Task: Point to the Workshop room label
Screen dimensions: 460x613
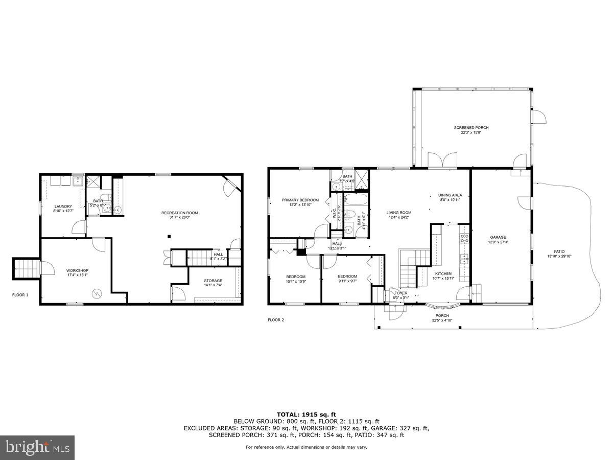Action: (x=77, y=272)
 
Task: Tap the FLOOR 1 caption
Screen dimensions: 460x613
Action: (x=20, y=295)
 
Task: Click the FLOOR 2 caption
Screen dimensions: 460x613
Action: (x=276, y=320)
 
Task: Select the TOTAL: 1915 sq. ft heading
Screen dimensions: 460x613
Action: (x=306, y=414)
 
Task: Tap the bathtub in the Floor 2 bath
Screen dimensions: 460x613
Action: (x=352, y=199)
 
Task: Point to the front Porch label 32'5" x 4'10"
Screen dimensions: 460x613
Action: (x=442, y=318)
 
